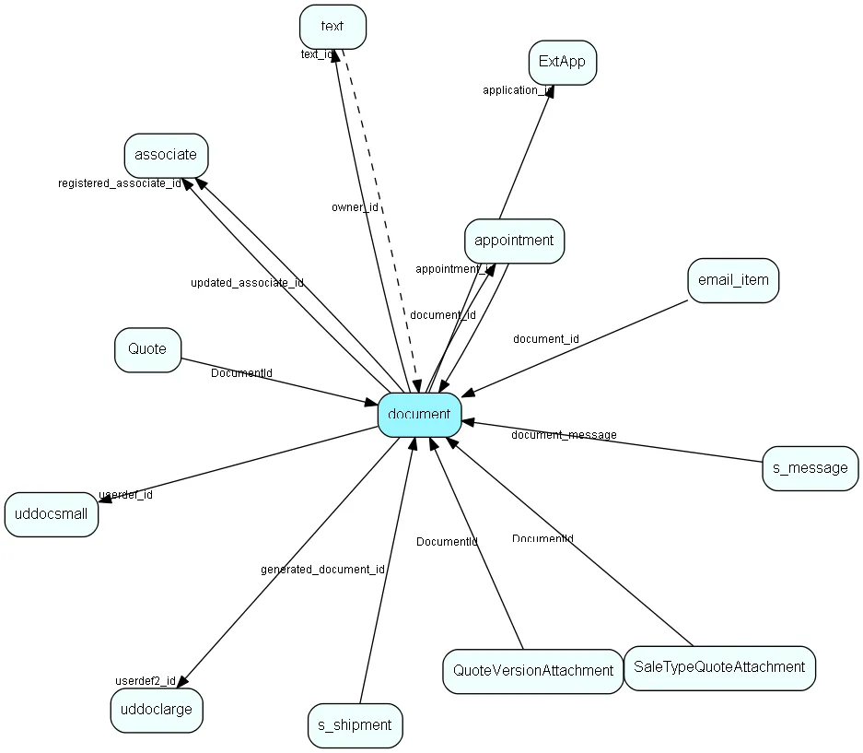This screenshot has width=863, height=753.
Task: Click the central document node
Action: (x=419, y=415)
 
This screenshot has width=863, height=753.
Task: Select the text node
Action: (x=332, y=27)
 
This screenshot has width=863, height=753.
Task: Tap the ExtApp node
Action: (x=562, y=63)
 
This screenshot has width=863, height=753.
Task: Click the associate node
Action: (x=166, y=155)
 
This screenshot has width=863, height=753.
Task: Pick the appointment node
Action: (x=514, y=241)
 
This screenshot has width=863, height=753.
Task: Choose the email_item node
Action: (x=732, y=280)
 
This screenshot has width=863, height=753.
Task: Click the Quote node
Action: (x=147, y=349)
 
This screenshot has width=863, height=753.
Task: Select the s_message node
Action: (x=810, y=468)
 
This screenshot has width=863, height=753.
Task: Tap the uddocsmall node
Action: (x=52, y=514)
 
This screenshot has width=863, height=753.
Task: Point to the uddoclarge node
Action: (x=157, y=710)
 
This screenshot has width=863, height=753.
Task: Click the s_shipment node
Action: (x=355, y=725)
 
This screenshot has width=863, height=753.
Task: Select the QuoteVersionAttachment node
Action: (x=532, y=671)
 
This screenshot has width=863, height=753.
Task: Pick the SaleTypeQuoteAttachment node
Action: (x=718, y=667)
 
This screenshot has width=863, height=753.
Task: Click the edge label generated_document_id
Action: (x=322, y=570)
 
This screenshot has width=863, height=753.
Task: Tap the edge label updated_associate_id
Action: (x=247, y=283)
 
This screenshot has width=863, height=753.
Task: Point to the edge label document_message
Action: (x=564, y=435)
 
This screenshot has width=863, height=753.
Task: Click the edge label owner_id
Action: (x=355, y=207)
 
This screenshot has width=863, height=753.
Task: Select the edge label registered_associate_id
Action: (x=119, y=183)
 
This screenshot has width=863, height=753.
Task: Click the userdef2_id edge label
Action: (x=145, y=681)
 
